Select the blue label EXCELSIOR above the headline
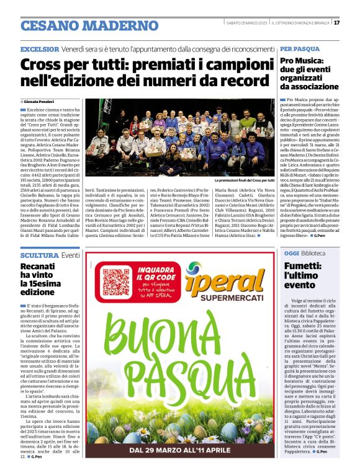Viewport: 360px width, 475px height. (x=40, y=49)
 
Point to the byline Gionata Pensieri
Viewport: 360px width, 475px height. (x=41, y=101)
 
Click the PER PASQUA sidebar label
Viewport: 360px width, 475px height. (x=299, y=48)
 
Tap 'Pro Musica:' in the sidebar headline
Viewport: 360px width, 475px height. (x=304, y=61)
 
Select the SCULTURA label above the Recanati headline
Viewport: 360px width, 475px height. (x=39, y=255)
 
